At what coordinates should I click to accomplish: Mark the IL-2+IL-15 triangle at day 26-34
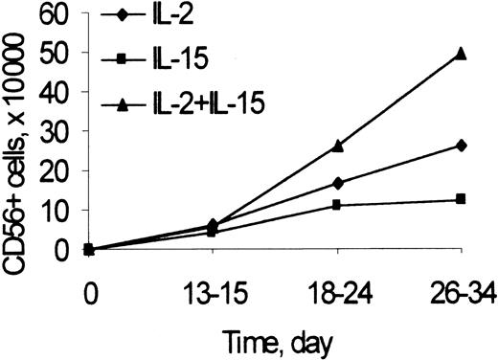tap(462, 54)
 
